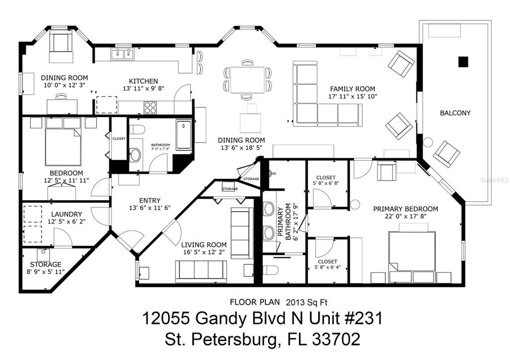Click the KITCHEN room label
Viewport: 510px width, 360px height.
tap(143, 81)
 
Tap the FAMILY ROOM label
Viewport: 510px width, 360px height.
tap(353, 89)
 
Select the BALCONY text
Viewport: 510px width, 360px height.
tap(455, 113)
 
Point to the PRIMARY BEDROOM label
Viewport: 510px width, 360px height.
tap(405, 209)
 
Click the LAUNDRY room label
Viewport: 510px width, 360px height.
tap(67, 214)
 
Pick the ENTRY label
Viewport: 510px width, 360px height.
tap(149, 201)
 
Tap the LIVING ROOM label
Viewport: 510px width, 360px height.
tap(204, 245)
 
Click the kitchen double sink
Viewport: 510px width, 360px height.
tap(123, 54)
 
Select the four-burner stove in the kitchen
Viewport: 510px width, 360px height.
tap(150, 108)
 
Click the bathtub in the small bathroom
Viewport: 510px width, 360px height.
tap(184, 135)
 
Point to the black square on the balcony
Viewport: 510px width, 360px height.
tap(463, 61)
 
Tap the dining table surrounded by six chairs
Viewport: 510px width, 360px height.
tap(247, 80)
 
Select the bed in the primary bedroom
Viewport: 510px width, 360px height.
tap(412, 250)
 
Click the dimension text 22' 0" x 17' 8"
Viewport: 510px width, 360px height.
tap(405, 216)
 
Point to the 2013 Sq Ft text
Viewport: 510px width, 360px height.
tap(306, 302)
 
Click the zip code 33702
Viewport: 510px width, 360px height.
tap(336, 339)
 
